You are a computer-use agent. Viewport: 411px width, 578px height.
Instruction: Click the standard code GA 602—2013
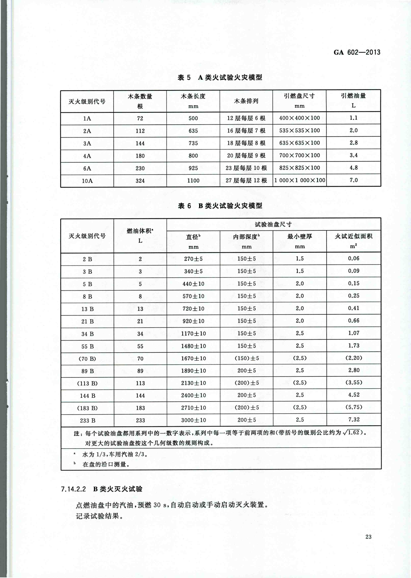coord(357,52)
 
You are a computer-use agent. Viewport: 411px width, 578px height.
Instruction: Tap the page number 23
coord(368,536)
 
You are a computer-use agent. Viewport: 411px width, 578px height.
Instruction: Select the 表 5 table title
coord(220,78)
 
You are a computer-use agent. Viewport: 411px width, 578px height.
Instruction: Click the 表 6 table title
coord(220,206)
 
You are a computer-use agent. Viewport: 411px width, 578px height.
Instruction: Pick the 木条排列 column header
coord(246,101)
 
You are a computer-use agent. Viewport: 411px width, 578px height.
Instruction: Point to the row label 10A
coord(87,181)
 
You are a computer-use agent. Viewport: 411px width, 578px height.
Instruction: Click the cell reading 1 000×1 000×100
coord(299,180)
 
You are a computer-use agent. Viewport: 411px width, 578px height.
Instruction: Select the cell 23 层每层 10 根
coord(246,168)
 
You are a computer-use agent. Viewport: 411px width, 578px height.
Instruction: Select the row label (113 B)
coord(87,383)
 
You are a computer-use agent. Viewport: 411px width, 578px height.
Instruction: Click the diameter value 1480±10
coord(193,346)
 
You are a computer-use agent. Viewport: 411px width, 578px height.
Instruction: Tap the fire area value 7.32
coord(354,420)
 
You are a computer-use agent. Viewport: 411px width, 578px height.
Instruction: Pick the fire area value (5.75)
coord(354,407)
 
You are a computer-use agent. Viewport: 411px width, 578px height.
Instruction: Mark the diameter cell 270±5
coord(193,259)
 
